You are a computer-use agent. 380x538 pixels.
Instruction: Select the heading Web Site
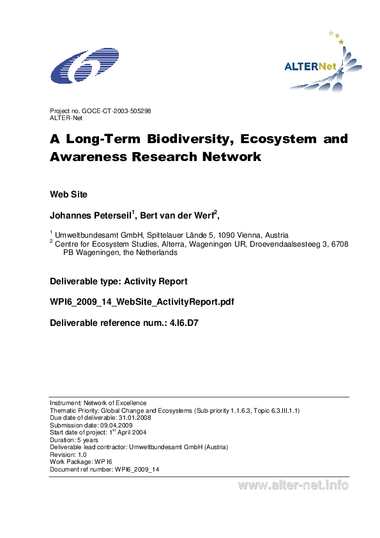(x=68, y=194)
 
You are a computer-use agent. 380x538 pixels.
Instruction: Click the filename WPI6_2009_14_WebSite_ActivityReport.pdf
(x=142, y=302)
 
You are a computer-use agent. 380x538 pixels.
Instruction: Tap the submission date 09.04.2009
(x=115, y=425)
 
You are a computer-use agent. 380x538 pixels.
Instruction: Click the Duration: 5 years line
(x=74, y=440)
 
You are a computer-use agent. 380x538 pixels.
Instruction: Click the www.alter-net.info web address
(x=293, y=486)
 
